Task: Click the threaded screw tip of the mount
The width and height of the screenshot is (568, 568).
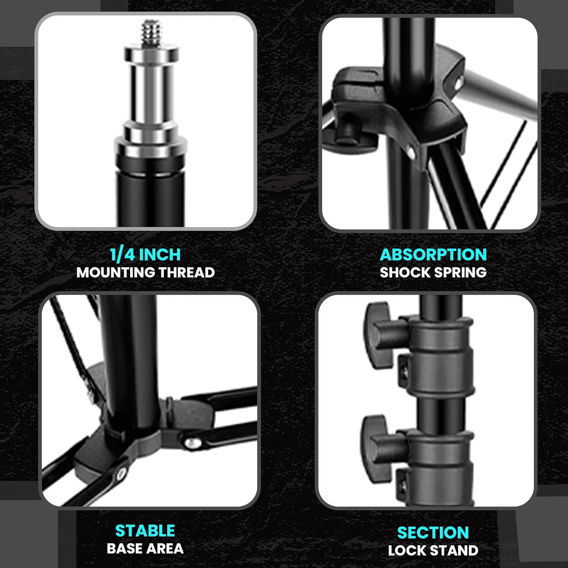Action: tap(152, 33)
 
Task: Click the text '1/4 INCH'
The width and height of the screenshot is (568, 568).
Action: tap(145, 254)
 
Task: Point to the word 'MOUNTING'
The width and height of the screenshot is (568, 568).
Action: tap(115, 273)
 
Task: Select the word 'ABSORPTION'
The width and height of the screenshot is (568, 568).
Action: tap(433, 254)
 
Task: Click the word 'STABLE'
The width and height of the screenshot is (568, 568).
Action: tap(145, 531)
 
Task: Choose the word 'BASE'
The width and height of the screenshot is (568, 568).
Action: tap(125, 549)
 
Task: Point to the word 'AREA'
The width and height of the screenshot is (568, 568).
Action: tap(165, 549)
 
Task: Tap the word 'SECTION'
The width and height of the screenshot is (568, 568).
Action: tap(433, 533)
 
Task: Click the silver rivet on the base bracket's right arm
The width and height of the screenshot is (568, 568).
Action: tap(192, 442)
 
